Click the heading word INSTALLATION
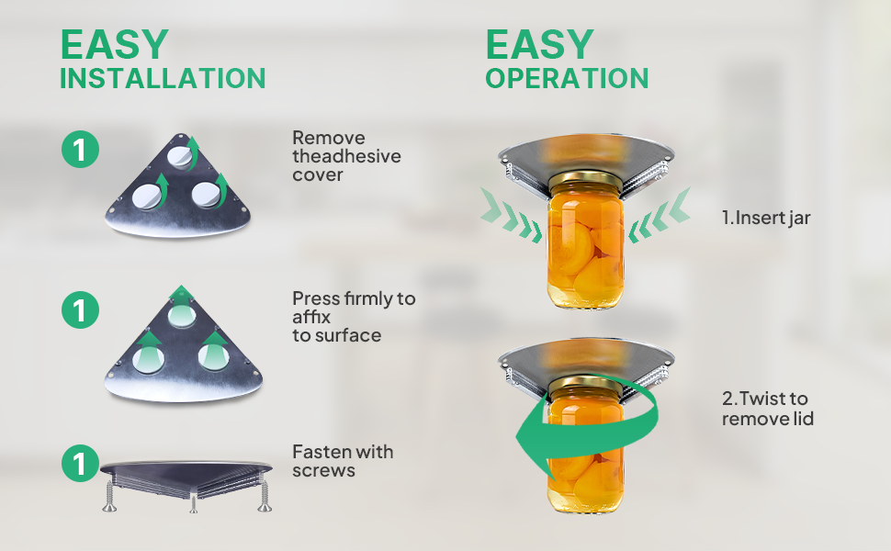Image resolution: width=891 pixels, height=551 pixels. [x=163, y=78]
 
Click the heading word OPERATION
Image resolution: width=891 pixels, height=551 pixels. [x=567, y=78]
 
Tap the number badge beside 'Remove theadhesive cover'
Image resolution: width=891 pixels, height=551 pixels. [x=80, y=150]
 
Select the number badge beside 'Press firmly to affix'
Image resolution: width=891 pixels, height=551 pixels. [x=80, y=309]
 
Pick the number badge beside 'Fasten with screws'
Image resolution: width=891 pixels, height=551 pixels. [x=80, y=463]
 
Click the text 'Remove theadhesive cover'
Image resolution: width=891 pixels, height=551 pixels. [x=346, y=156]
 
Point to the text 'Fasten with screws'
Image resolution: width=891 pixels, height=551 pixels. [x=343, y=461]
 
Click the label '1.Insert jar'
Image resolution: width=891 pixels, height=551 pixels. [x=766, y=218]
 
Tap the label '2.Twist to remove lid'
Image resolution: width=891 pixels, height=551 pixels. [x=768, y=409]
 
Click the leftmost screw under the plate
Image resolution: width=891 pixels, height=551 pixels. [x=109, y=495]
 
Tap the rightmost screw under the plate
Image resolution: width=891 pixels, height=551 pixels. [x=265, y=495]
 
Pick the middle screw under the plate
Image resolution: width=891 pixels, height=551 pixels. [x=194, y=502]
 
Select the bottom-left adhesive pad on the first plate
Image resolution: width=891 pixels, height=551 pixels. [x=147, y=197]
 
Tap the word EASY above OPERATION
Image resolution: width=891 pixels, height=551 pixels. [x=540, y=44]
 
